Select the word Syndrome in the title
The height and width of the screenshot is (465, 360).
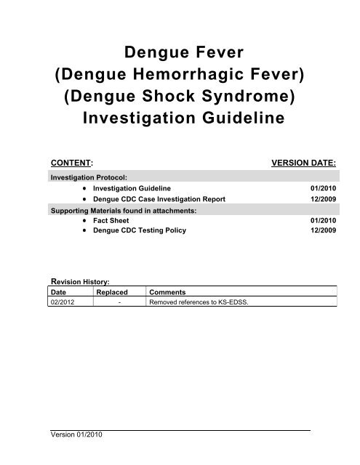click(253, 96)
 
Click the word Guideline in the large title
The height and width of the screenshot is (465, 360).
click(233, 118)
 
